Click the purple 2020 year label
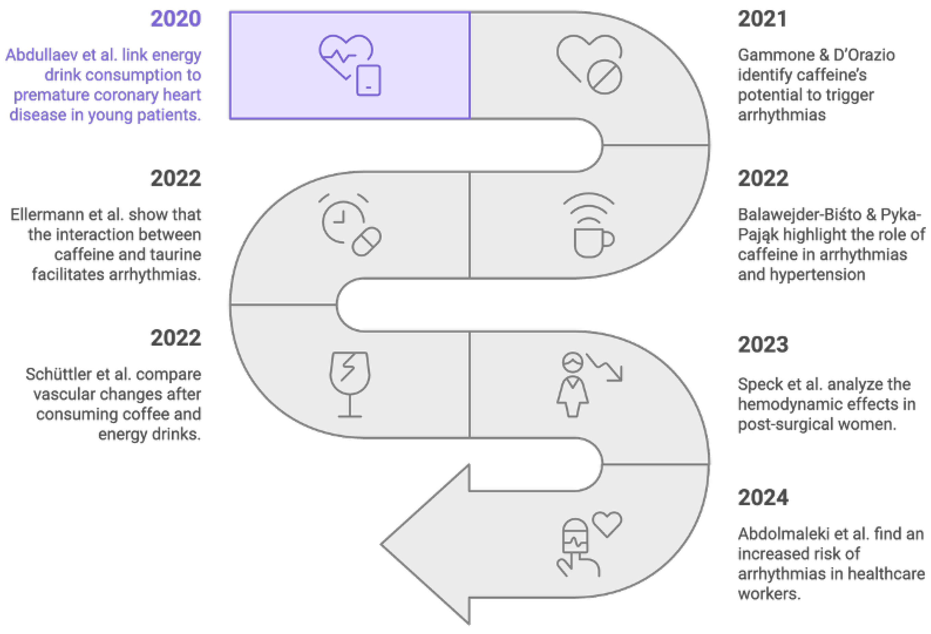[x=176, y=19]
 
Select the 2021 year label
[x=762, y=19]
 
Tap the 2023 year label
[x=763, y=344]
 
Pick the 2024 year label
[x=763, y=497]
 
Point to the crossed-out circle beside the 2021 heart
[x=604, y=77]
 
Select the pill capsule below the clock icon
[x=366, y=241]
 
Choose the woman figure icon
[x=572, y=385]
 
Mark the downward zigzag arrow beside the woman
[x=605, y=367]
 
